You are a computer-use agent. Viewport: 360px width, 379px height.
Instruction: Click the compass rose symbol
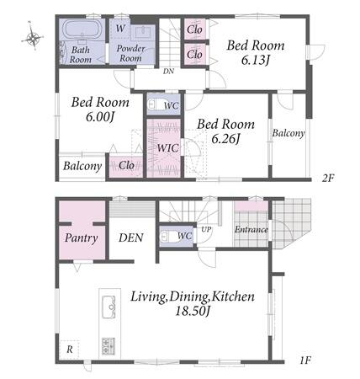33,36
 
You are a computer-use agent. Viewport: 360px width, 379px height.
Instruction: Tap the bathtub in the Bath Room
82,29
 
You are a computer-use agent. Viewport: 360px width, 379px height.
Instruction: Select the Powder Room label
130,53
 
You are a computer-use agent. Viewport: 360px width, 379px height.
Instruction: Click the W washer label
120,28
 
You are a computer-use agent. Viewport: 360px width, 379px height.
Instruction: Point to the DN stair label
168,72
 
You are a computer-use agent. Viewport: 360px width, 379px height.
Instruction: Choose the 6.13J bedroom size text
255,60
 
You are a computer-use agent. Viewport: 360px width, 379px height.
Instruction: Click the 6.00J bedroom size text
100,117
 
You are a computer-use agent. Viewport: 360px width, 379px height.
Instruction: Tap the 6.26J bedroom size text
225,139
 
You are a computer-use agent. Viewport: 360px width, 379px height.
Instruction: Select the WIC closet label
167,148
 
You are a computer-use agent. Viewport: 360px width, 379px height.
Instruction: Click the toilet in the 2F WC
157,104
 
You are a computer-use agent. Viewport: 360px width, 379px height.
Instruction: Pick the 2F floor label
328,178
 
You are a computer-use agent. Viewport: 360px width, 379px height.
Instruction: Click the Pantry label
82,238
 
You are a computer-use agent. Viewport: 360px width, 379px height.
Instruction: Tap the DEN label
131,238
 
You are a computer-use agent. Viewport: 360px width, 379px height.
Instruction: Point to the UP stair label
206,229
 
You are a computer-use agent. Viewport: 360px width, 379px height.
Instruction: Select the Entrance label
251,230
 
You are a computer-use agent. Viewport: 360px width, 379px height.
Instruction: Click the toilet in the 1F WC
169,236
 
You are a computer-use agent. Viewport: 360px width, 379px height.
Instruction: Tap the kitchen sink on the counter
109,307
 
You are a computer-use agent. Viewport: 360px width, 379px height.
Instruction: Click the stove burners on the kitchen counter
109,346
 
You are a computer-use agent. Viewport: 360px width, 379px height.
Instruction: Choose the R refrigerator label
70,350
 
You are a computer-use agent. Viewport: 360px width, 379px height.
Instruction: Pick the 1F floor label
305,360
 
